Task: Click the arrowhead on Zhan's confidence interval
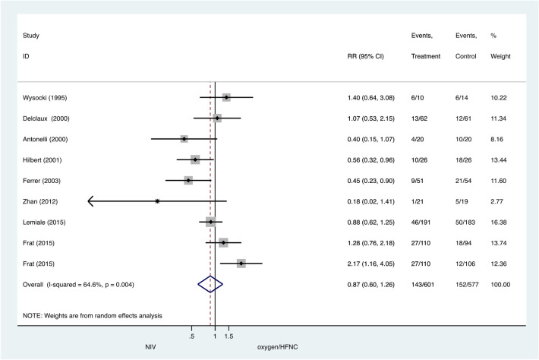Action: pyautogui.click(x=92, y=201)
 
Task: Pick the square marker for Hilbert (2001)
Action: pyautogui.click(x=195, y=159)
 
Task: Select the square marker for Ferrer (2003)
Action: pyautogui.click(x=188, y=180)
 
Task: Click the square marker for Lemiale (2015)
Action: pyautogui.click(x=210, y=222)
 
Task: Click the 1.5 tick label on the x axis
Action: pyautogui.click(x=229, y=335)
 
